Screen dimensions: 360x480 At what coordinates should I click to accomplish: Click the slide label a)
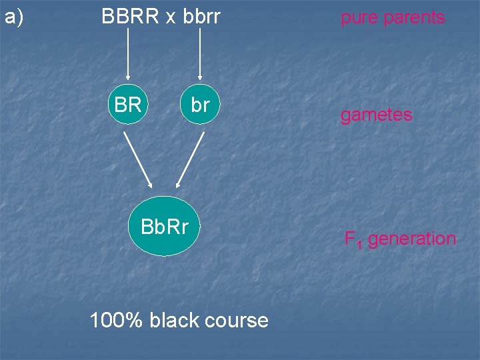pos(14,17)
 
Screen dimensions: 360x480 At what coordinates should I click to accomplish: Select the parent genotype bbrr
pos(199,17)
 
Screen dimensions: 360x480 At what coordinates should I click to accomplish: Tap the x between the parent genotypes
pos(171,18)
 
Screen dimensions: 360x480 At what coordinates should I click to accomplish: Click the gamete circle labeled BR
pos(127,105)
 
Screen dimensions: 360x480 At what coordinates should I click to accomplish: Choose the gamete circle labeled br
pos(200,105)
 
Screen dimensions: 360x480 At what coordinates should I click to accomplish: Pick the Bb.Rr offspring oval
pos(165,227)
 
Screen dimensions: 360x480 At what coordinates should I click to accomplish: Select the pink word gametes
pos(376,115)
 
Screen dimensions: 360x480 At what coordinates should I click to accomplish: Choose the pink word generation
pos(412,239)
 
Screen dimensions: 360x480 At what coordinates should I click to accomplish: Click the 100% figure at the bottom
pos(116,321)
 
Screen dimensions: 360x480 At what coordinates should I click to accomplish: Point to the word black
pos(175,321)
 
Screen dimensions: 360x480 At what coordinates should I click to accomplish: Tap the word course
pos(237,321)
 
